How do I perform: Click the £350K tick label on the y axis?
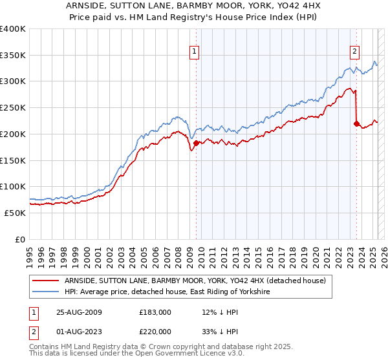(13, 56)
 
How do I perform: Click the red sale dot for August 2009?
(196, 143)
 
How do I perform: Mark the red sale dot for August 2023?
(356, 123)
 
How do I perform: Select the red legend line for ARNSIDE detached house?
(46, 281)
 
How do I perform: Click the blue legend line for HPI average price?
(46, 292)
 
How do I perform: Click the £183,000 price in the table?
(155, 312)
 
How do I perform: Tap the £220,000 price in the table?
(155, 331)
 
